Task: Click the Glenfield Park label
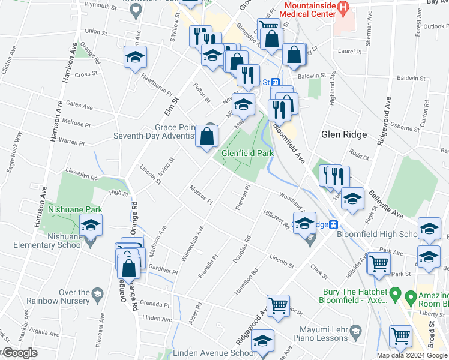pos(247,153)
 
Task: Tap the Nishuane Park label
pos(75,209)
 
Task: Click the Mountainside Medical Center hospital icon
pos(343,7)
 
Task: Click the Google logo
pos(19,353)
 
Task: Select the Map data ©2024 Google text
pos(412,355)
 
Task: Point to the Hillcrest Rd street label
pos(276,220)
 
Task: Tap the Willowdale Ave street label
pos(193,244)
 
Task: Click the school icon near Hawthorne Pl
pos(136,58)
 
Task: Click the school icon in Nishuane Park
pos(91,226)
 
